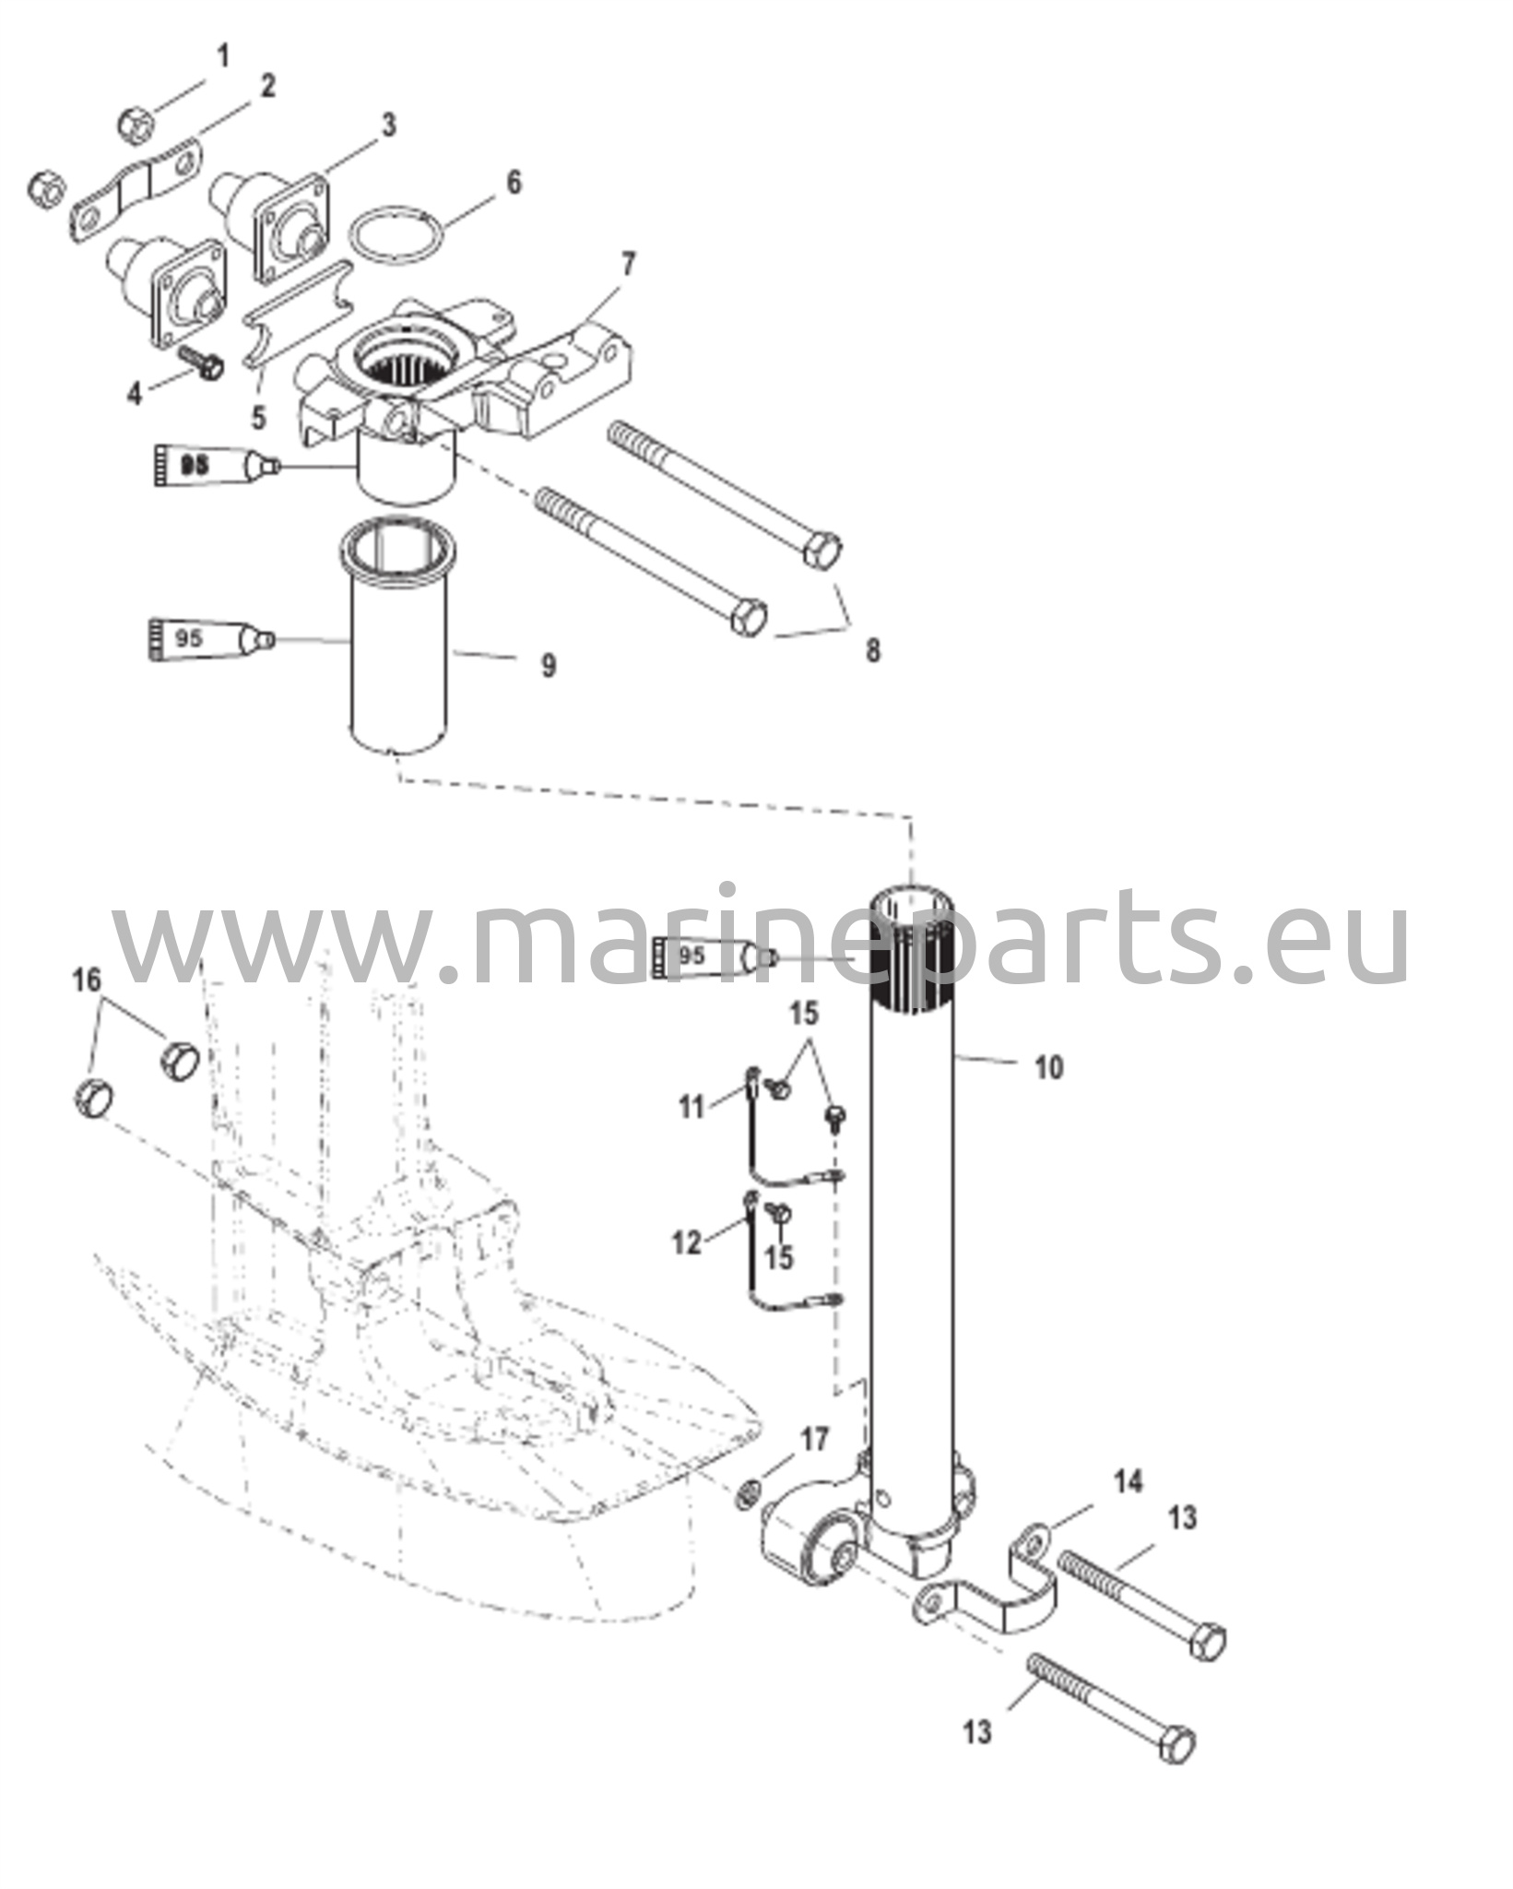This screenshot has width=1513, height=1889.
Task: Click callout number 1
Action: (x=222, y=57)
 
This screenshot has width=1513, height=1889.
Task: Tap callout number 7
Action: (x=628, y=265)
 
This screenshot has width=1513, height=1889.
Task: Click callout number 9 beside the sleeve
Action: (x=548, y=664)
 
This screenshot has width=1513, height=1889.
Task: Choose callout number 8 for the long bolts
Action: (x=872, y=650)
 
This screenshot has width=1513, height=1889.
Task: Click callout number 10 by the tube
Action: (x=1048, y=1068)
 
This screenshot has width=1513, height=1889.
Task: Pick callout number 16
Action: (x=87, y=980)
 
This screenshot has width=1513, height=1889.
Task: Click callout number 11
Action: (x=692, y=1107)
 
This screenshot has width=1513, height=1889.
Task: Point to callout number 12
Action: (x=687, y=1242)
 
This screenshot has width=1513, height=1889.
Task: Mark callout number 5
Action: (x=258, y=417)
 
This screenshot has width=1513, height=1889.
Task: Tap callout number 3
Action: (x=388, y=125)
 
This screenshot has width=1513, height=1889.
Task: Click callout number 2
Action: (x=267, y=87)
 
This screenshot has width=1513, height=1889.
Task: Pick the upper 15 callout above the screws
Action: (x=803, y=1014)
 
